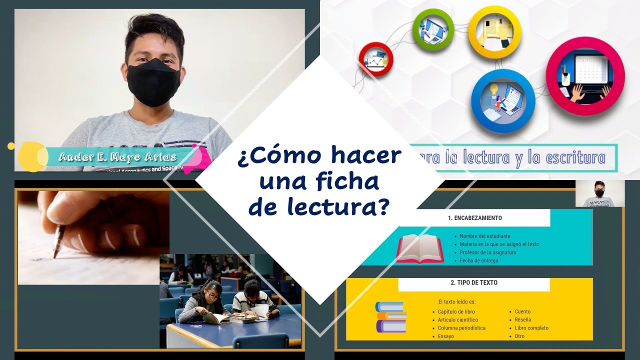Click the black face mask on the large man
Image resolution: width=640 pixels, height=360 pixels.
click(153, 82)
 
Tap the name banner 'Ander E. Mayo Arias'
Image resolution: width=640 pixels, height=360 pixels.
click(117, 157)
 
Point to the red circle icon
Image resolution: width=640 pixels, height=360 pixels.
click(375, 59)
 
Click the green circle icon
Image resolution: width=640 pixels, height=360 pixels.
click(432, 29)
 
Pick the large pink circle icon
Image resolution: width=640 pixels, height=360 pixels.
click(585, 76)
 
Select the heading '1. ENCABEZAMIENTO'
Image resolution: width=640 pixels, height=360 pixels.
click(474, 218)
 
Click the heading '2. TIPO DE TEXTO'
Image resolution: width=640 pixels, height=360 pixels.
click(473, 282)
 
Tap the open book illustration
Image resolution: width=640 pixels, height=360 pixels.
click(420, 248)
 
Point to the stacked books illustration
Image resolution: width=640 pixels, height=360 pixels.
click(390, 317)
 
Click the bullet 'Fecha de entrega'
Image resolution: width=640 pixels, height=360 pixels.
click(478, 260)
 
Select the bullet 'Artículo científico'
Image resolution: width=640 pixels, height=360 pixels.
click(457, 320)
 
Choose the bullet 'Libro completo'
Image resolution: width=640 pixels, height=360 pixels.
click(531, 328)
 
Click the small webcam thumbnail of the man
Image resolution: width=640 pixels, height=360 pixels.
click(599, 193)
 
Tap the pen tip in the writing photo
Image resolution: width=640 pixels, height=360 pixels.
click(54, 256)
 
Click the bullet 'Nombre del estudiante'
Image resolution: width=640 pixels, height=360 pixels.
click(485, 236)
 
